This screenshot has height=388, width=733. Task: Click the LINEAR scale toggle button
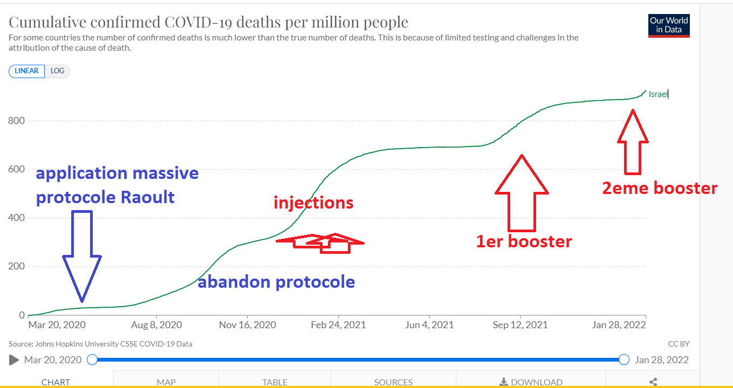point(26,71)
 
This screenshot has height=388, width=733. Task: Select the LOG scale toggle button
point(57,71)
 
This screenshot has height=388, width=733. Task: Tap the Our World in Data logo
point(669,25)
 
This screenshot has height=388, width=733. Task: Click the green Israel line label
point(658,94)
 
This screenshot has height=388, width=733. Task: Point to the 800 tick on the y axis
point(16,121)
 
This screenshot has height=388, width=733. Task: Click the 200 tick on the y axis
point(16,267)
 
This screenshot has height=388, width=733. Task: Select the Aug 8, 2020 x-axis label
point(156,325)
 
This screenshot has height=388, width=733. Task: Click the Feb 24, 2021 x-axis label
point(339,325)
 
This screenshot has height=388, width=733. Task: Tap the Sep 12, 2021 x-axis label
point(520,325)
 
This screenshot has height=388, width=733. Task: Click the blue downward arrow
point(82,256)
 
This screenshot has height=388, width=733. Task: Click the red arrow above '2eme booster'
point(633,142)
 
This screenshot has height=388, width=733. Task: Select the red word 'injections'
point(313,203)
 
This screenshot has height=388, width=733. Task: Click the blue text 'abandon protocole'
point(276,282)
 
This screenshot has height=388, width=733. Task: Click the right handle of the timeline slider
point(624,359)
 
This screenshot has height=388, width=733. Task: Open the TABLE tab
point(275,382)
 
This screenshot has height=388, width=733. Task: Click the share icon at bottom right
point(653,382)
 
